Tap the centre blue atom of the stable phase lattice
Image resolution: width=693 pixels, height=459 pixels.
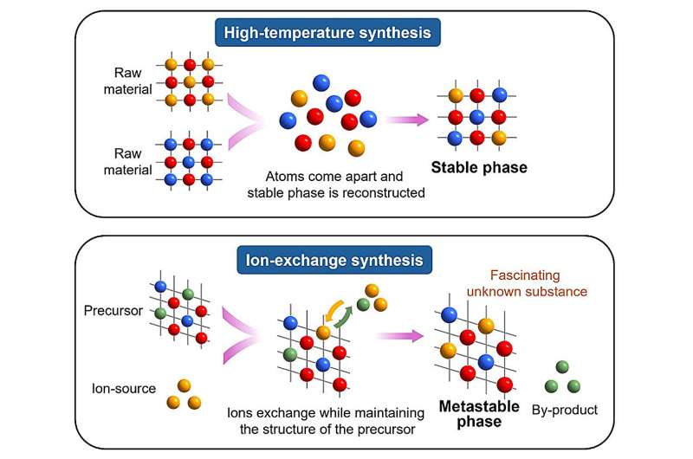pos(476,116)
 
